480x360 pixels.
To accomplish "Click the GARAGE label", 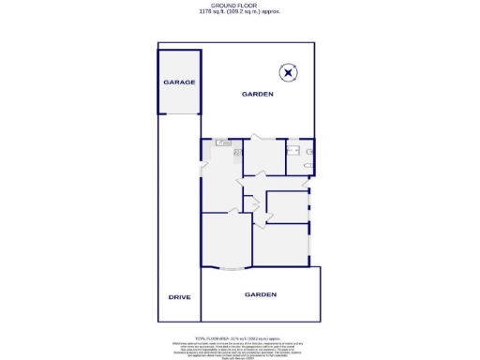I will coord(179,82).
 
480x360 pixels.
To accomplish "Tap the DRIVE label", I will coord(179,296).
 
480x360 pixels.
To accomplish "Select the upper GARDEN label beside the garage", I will coord(257,95).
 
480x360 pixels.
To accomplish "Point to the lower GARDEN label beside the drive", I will coord(261,294).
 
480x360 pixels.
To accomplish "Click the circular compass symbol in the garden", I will coord(289,71).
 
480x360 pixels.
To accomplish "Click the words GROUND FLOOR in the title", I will coord(239,5).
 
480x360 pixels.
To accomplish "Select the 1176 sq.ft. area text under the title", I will coord(239,12).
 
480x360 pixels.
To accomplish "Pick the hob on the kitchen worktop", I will coord(237,153).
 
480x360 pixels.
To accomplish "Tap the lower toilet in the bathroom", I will coord(308,165).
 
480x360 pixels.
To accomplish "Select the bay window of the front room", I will coord(226,268).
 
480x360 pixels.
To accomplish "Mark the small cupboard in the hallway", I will coord(251,202).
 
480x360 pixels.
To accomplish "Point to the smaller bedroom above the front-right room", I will coord(287,206).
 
